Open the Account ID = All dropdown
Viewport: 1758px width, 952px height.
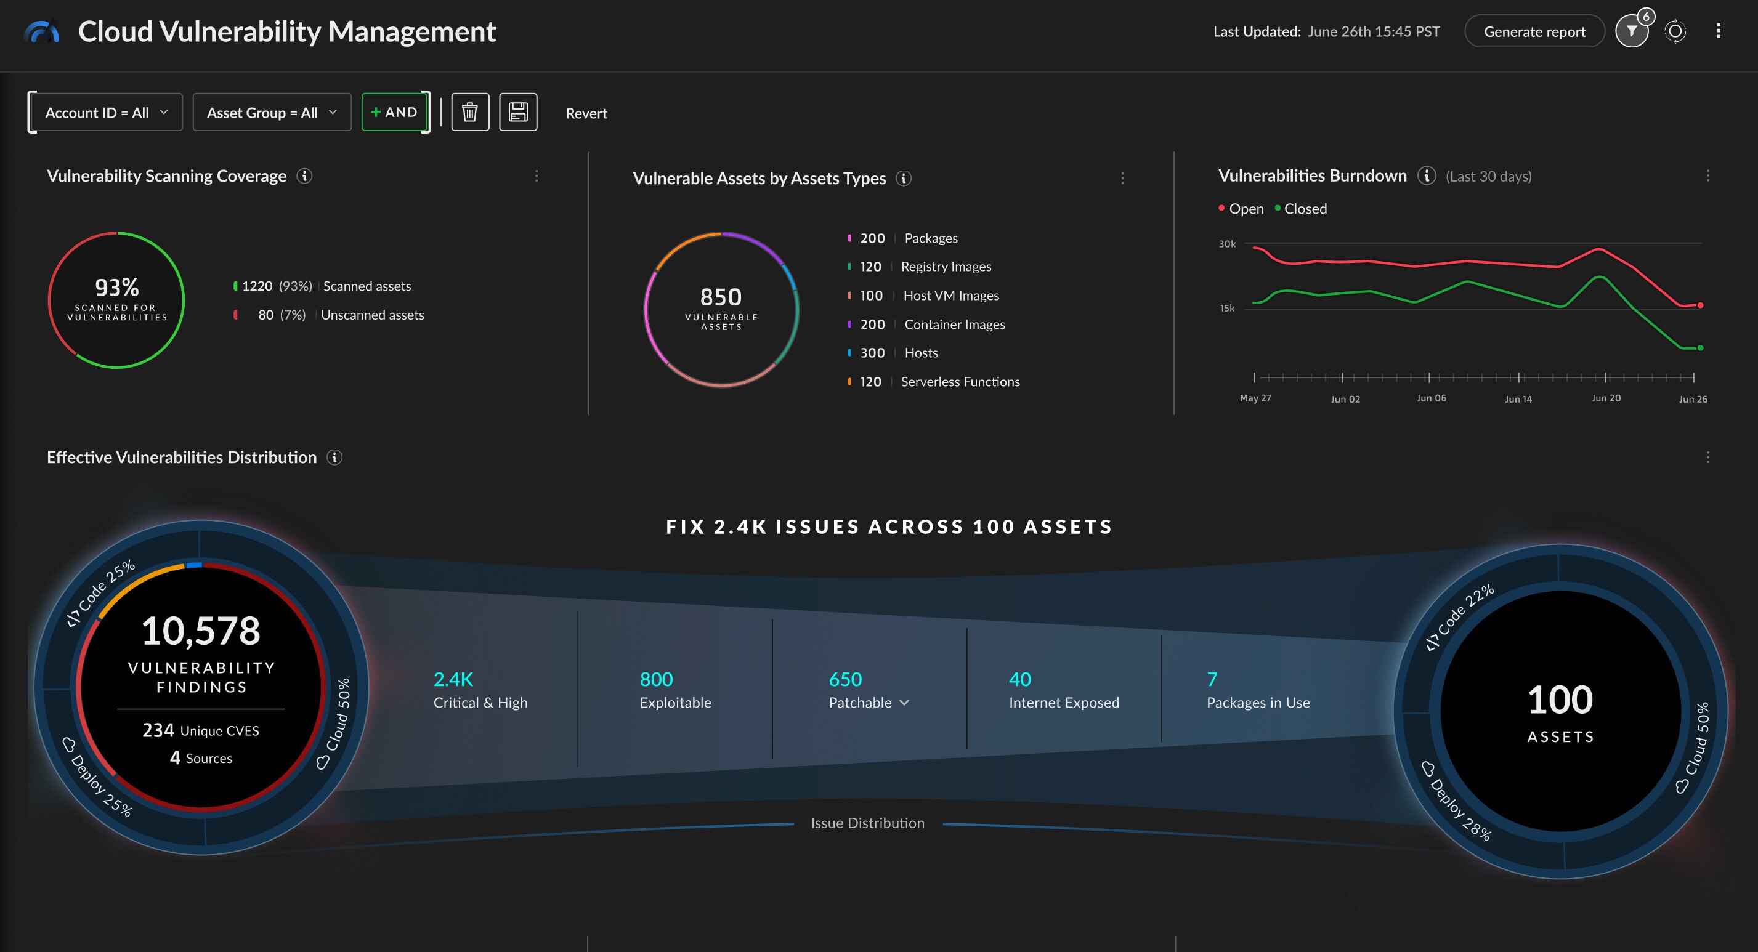pos(106,113)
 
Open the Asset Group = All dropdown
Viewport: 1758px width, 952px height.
pos(272,113)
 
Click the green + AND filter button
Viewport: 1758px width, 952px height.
pos(394,112)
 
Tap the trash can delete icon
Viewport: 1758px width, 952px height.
pos(469,112)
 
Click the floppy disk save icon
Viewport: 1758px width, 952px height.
pos(518,112)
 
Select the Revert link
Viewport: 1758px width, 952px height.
pos(586,113)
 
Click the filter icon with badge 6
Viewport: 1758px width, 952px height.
pos(1632,31)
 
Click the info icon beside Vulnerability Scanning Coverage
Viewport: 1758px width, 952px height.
pos(304,176)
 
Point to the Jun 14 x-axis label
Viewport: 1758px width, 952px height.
pos(1518,399)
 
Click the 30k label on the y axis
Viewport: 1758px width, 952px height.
pos(1226,244)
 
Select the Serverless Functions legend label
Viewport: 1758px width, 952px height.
pos(960,382)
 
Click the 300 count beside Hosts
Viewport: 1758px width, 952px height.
pos(872,353)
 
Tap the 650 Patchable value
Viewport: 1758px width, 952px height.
pos(845,679)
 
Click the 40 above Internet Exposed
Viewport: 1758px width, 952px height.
pos(1019,679)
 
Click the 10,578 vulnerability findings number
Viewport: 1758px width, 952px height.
pos(201,631)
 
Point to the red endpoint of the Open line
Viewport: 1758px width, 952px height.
pos(1700,305)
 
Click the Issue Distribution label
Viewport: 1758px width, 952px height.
pos(867,823)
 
